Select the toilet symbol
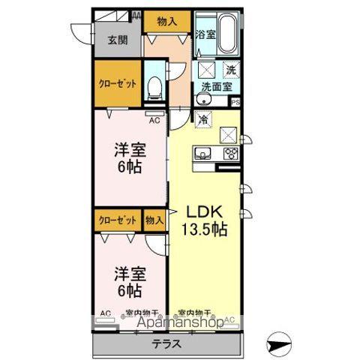click(x=155, y=88)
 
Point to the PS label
click(x=235, y=103)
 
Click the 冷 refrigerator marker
click(x=202, y=118)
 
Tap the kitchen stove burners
click(x=231, y=154)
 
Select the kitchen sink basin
click(x=202, y=154)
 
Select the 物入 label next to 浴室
click(x=167, y=22)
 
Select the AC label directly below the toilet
click(x=155, y=120)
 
